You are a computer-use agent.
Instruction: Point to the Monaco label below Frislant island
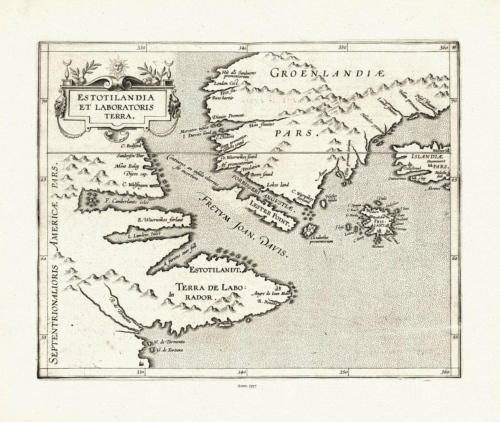point(376,246)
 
